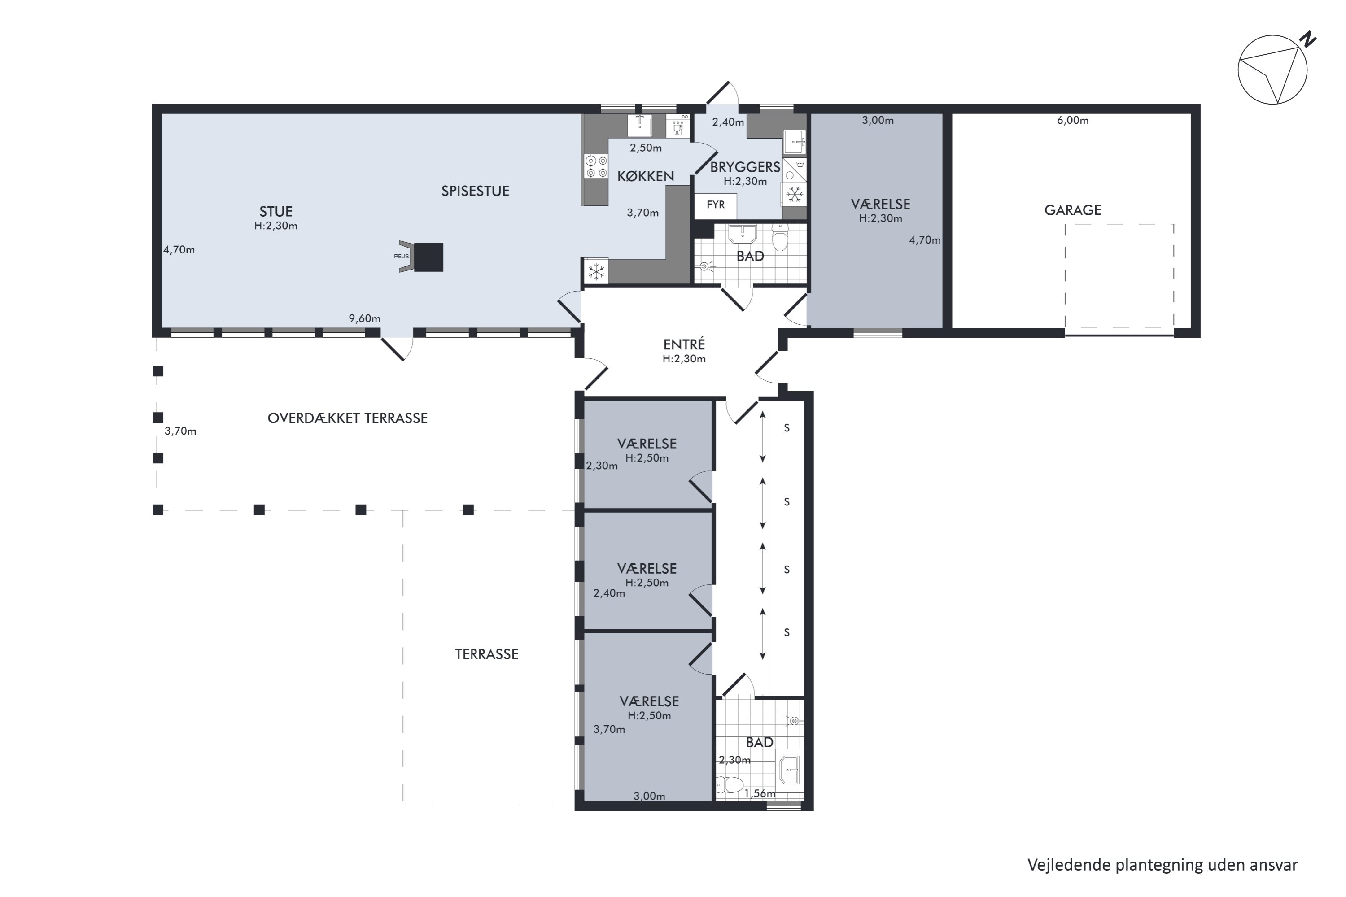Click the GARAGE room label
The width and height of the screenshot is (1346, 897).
pos(1072,210)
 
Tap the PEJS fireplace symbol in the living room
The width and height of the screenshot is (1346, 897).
pos(422,257)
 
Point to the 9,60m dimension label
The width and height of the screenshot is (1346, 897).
pos(364,318)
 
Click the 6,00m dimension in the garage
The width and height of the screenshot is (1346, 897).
pos(1072,120)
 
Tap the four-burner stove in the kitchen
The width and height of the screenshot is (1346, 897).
pos(596,166)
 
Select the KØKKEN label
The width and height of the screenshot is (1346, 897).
pos(646,176)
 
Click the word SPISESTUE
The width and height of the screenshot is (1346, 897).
pos(475,191)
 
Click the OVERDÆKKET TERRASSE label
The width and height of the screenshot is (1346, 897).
pos(347,418)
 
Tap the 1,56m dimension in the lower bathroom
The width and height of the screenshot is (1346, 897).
pos(760,793)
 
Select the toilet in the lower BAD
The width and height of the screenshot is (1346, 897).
pos(729,785)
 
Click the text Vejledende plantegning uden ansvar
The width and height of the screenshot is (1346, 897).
pos(1162,865)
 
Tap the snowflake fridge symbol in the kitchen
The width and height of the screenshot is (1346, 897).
pos(596,272)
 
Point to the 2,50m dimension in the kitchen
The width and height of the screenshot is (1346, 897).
pos(646,148)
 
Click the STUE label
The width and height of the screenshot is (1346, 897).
pos(276,211)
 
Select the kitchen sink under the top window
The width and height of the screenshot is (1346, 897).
pos(639,125)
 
